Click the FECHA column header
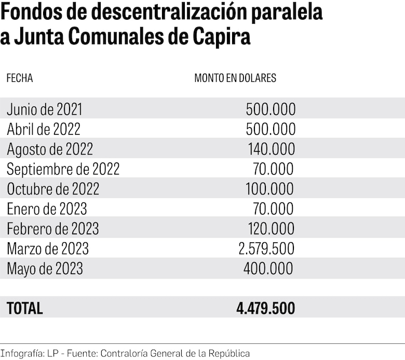(x=20, y=78)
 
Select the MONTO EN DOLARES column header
(x=235, y=78)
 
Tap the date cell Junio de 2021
(x=45, y=109)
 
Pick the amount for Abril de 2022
(x=271, y=129)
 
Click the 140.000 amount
(x=271, y=149)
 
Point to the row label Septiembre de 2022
(x=63, y=169)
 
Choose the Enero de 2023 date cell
(x=47, y=209)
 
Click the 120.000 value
(x=271, y=229)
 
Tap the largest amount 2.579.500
(x=266, y=248)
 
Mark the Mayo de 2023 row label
(x=45, y=269)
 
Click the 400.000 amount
(x=268, y=269)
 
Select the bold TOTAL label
(x=25, y=308)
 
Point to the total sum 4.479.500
(x=265, y=308)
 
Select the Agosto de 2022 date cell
(x=50, y=149)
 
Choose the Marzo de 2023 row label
(x=48, y=249)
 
